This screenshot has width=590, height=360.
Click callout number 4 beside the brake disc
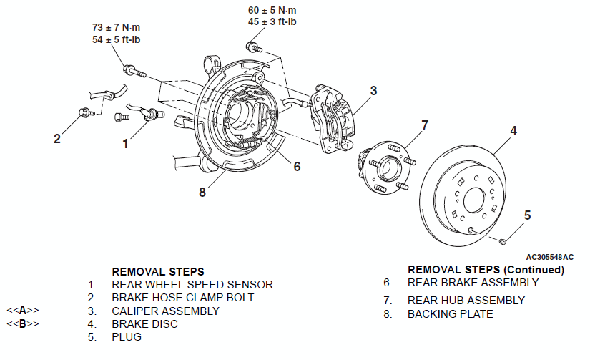[x=513, y=131]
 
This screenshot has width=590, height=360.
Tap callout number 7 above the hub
[x=425, y=125]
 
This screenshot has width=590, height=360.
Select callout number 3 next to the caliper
[x=373, y=91]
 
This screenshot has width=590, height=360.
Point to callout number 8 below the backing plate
[x=202, y=193]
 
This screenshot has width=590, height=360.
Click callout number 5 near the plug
[x=528, y=215]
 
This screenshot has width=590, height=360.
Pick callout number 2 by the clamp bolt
[x=56, y=139]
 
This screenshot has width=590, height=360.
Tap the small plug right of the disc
[x=502, y=241]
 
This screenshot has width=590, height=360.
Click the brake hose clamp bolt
[x=86, y=112]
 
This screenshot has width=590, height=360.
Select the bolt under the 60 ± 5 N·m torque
[x=254, y=47]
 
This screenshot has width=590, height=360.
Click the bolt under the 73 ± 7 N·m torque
[x=134, y=70]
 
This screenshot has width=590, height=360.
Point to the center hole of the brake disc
[x=475, y=200]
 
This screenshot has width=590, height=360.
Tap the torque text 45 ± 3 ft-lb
[x=272, y=22]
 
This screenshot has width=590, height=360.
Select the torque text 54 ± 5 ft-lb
[x=117, y=39]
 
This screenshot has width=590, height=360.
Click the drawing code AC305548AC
[x=550, y=257]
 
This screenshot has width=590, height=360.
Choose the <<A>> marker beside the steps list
[x=23, y=311]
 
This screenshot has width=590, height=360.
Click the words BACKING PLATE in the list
[x=450, y=314]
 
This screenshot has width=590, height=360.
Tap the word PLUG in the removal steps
[x=127, y=337]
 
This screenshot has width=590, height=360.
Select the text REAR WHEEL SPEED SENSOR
[x=192, y=285]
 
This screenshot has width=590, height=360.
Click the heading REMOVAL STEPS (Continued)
[x=486, y=270]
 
